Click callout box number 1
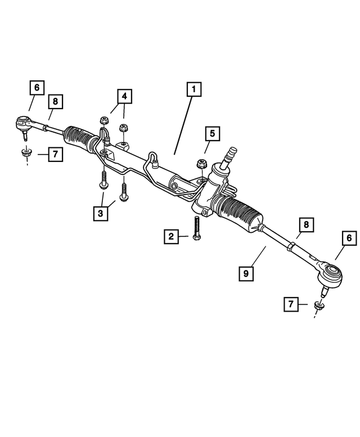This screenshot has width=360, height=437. coord(193,90)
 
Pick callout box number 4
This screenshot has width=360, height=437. coord(124,97)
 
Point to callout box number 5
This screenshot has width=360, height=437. coord(213,134)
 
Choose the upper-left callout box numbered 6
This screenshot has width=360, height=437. coord(37,88)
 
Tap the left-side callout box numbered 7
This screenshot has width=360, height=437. coord(55,154)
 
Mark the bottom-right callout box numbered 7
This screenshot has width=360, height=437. coord(291,305)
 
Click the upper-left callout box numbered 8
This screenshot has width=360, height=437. coord(55,102)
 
